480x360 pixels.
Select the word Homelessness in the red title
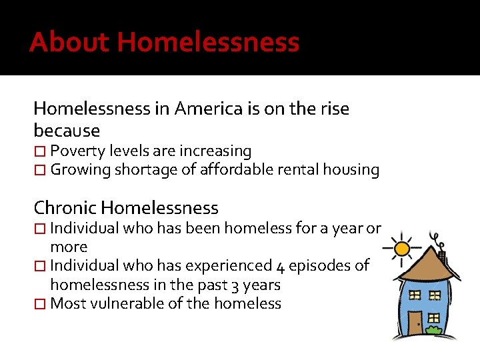(209, 42)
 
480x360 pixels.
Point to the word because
(67, 130)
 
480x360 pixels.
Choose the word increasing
(211, 151)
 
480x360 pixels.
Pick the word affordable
(237, 170)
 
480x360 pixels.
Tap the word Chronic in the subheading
(65, 208)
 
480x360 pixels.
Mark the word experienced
(220, 266)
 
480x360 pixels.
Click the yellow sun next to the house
(402, 249)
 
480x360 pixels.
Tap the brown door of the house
(415, 323)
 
